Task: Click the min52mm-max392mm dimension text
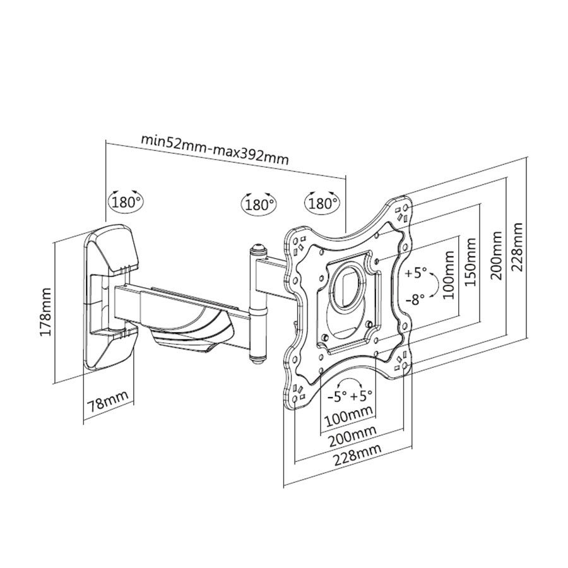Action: [x=214, y=148]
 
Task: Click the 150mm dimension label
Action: [x=471, y=261]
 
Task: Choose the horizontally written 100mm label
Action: [x=348, y=417]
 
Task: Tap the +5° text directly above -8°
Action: [x=417, y=274]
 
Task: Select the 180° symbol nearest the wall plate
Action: [x=126, y=202]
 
